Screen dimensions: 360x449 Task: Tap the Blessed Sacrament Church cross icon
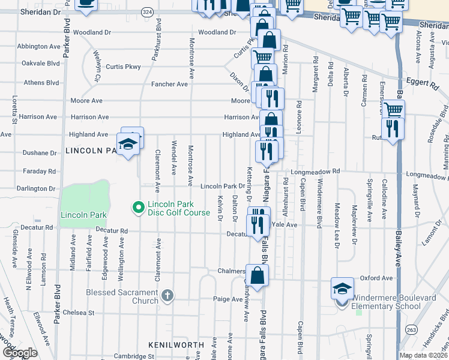167,295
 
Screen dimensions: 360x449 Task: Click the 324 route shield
147,11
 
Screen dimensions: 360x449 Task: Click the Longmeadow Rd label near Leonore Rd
315,172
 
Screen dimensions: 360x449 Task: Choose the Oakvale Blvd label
40,63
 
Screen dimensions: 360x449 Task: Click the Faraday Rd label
40,172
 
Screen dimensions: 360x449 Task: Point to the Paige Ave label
228,299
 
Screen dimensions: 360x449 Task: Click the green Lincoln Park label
82,215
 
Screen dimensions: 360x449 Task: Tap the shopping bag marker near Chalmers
257,277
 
